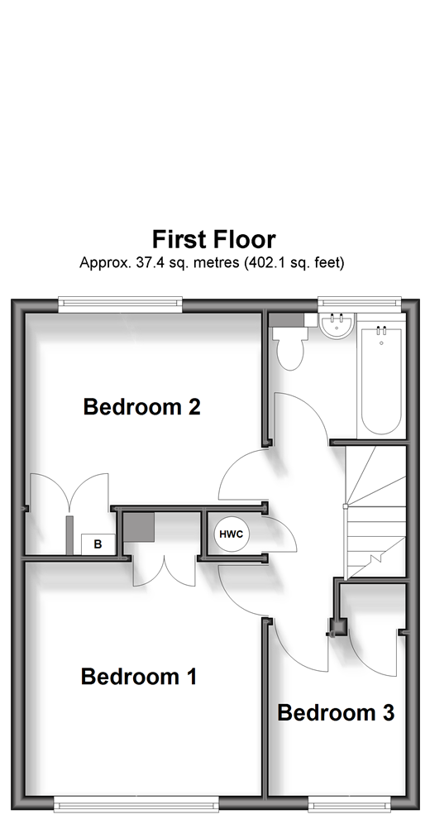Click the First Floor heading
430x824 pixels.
(x=213, y=240)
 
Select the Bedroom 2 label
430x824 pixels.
(x=141, y=407)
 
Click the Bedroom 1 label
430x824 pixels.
(x=139, y=677)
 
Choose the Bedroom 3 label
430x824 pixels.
(x=336, y=713)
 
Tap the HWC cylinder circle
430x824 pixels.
(x=232, y=534)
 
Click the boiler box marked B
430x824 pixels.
(x=98, y=544)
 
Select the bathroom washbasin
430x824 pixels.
(x=337, y=326)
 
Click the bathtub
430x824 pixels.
(x=381, y=381)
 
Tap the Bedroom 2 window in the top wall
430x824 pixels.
(x=120, y=304)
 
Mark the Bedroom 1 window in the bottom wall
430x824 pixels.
(x=136, y=803)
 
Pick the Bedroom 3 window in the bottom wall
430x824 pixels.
(x=350, y=803)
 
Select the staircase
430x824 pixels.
(x=375, y=512)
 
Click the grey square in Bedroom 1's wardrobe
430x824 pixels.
(x=139, y=527)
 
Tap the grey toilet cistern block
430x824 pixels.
(x=287, y=320)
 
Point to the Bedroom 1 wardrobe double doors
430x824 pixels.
(x=165, y=572)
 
